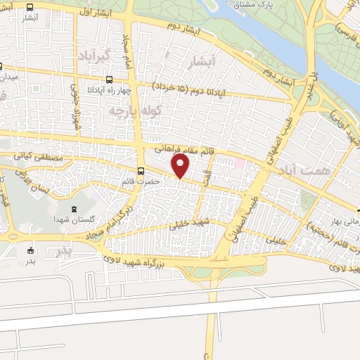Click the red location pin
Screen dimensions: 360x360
click(181, 166)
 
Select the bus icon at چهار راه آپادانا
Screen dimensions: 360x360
click(108, 79)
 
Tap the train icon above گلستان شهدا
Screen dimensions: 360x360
click(75, 209)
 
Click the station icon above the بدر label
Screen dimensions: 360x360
click(30, 250)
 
